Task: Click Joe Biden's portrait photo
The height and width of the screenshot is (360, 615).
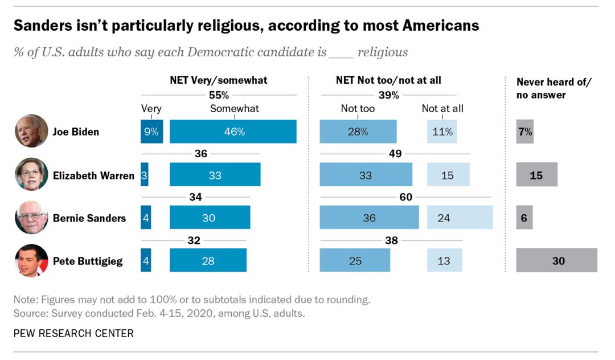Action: tap(31, 131)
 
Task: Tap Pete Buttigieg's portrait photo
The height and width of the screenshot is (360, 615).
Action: tap(31, 261)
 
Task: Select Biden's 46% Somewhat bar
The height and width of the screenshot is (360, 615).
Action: tap(233, 132)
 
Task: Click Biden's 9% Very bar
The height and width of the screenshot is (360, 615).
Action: tap(151, 132)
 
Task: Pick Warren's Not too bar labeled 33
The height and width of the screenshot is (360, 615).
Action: tap(366, 175)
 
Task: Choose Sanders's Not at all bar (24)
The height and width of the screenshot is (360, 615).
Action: tap(460, 218)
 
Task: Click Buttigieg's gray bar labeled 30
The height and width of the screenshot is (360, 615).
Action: tap(556, 260)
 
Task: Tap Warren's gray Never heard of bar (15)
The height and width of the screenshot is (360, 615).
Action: tap(536, 175)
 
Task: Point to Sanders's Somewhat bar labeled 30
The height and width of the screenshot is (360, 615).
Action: tap(210, 218)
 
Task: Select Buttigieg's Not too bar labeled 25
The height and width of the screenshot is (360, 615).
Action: tap(355, 260)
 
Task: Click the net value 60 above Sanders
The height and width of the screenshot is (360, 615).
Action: tap(405, 197)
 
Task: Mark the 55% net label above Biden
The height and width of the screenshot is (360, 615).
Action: tap(219, 95)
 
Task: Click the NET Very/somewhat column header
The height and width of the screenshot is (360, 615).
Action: tap(219, 80)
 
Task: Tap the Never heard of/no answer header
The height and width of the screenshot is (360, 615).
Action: tap(553, 88)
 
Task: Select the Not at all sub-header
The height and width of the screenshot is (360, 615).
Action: tap(442, 108)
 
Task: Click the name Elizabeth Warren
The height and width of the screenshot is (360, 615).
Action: tap(93, 175)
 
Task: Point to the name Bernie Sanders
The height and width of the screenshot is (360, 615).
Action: tap(89, 218)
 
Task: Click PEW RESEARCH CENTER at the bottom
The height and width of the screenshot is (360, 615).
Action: tap(74, 333)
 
